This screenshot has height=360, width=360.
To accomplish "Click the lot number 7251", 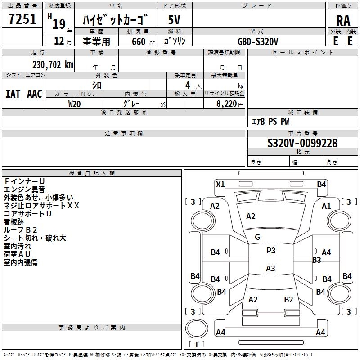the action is tap(22, 18).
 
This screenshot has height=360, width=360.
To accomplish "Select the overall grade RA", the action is tap(343, 21).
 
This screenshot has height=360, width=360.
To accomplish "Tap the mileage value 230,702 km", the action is tap(53, 65).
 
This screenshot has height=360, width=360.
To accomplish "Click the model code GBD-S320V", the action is tap(258, 41).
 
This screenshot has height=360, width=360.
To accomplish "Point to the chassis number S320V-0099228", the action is tap(302, 143).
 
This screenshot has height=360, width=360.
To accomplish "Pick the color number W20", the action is tap(74, 104).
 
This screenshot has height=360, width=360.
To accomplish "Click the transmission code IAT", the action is tap(13, 94).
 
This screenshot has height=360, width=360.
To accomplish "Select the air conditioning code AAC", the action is tap(35, 94).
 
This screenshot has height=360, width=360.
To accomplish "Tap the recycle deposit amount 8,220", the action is tap(227, 104).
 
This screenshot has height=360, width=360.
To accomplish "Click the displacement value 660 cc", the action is tap(143, 41).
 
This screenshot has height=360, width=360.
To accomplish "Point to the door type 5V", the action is tap(174, 20).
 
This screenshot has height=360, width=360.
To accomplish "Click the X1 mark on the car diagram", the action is tap(220, 184).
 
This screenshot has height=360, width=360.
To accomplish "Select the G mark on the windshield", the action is tap(257, 237).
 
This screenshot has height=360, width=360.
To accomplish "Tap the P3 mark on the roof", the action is tap(271, 251).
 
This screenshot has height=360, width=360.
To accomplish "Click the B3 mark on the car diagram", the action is tap(317, 260).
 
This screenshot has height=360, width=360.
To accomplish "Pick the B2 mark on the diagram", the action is tap(288, 299).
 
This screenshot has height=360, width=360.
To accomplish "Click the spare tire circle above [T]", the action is tap(197, 328).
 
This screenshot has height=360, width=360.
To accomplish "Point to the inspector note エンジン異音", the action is tap(24, 189).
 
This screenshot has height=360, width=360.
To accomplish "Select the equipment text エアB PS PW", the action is tap(270, 121).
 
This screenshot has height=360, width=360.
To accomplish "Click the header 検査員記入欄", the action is tap(92, 173).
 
